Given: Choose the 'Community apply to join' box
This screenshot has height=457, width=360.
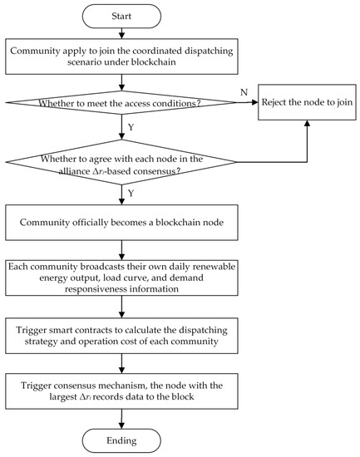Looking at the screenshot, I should [122, 56].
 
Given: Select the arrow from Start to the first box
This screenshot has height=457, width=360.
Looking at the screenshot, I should [122, 32].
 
